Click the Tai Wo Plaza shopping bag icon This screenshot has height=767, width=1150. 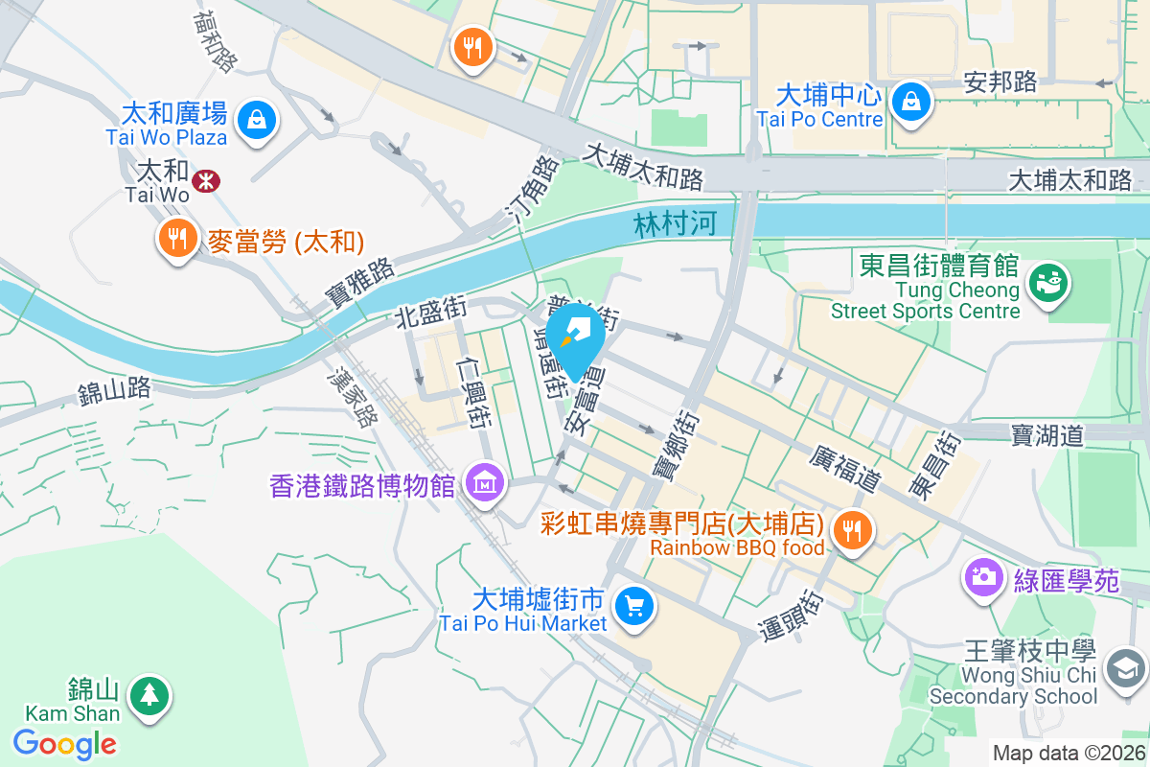point(257,120)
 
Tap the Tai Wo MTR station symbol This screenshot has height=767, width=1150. point(204,179)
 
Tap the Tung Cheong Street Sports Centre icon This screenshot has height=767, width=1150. point(1044,283)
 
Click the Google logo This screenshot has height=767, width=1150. point(65,743)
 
